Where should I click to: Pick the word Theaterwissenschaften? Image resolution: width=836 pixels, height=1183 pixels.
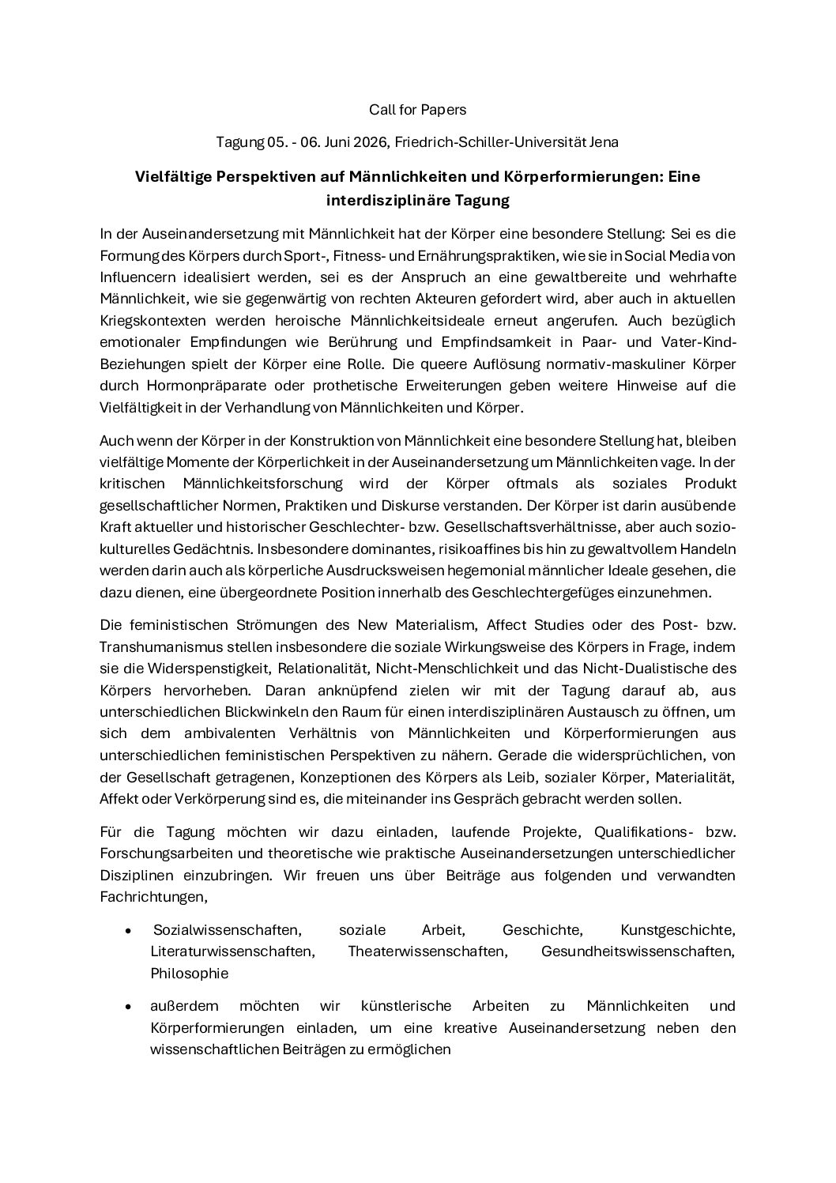[427, 951]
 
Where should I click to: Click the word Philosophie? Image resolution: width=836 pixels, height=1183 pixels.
[190, 974]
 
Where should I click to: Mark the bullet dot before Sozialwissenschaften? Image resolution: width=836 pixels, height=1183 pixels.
[128, 931]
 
